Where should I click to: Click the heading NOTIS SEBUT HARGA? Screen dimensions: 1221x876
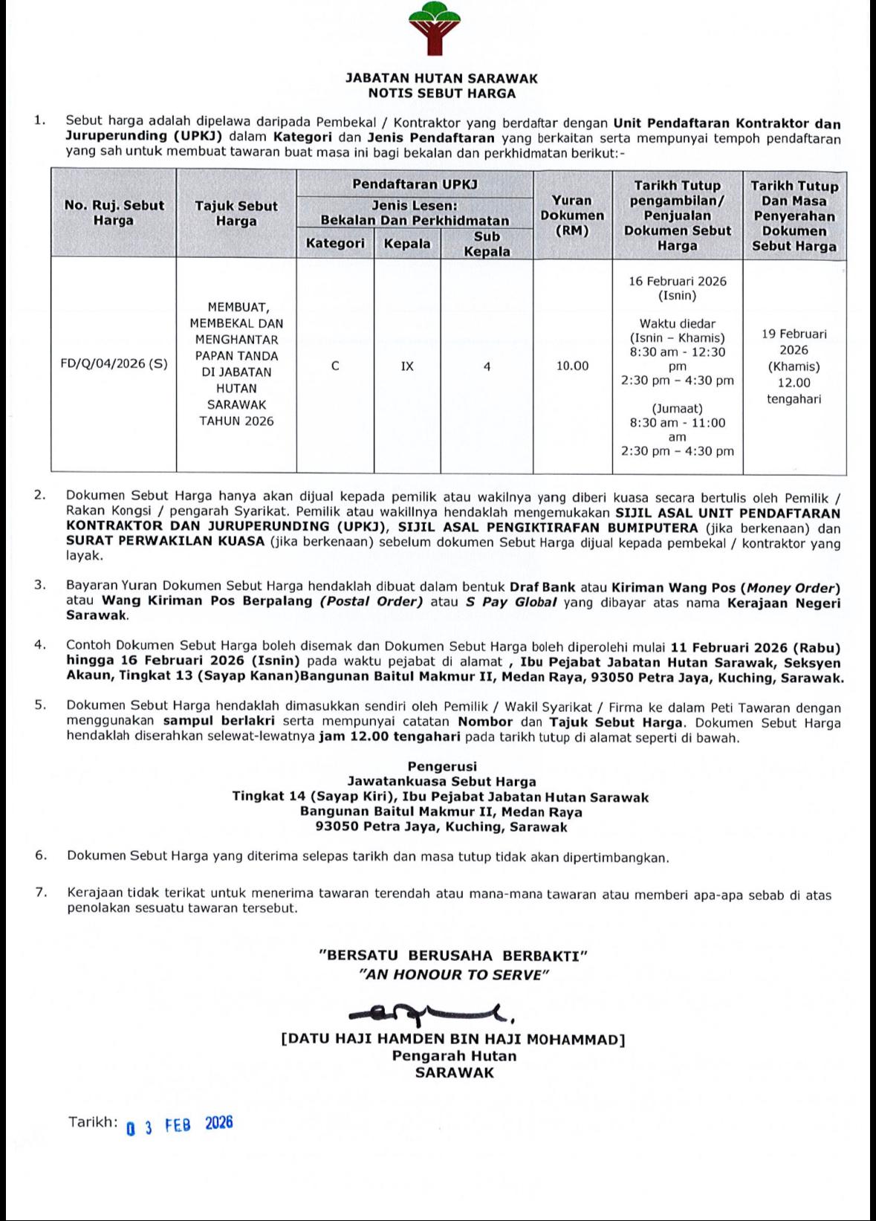[441, 94]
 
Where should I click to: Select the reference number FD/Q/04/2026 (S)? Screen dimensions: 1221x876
[114, 364]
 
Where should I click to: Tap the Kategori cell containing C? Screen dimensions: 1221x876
[335, 366]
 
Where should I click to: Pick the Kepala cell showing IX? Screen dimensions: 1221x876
[407, 366]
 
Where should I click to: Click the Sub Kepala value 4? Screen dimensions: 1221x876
[487, 366]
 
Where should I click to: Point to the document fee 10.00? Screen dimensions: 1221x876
[573, 366]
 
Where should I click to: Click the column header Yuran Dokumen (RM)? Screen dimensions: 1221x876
[572, 215]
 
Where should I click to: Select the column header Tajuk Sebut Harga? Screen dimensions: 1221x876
[236, 213]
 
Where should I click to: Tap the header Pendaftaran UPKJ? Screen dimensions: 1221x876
[415, 184]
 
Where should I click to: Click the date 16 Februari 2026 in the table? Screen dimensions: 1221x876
[678, 281]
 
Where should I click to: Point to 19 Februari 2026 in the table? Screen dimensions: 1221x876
[794, 342]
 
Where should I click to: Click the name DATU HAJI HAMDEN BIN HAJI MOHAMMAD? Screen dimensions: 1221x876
[452, 1040]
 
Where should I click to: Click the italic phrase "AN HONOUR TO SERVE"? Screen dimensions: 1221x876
[453, 974]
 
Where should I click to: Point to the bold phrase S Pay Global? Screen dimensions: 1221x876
[511, 601]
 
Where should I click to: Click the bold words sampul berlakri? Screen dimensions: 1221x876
[210, 721]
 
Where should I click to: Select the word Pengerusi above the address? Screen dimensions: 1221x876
[442, 766]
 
